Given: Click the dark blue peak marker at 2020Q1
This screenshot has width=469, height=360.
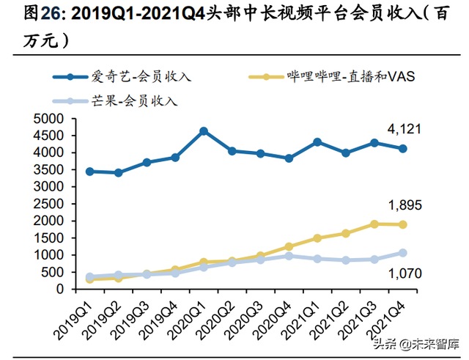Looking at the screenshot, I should (x=204, y=131).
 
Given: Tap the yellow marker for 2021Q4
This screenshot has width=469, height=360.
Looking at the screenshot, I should (x=402, y=224).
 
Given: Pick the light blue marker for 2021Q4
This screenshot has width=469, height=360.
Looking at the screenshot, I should (x=402, y=253).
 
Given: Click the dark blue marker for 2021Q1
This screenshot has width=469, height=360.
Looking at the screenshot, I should (x=317, y=142).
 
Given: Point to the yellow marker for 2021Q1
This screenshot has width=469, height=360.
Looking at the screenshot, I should (x=317, y=238).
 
